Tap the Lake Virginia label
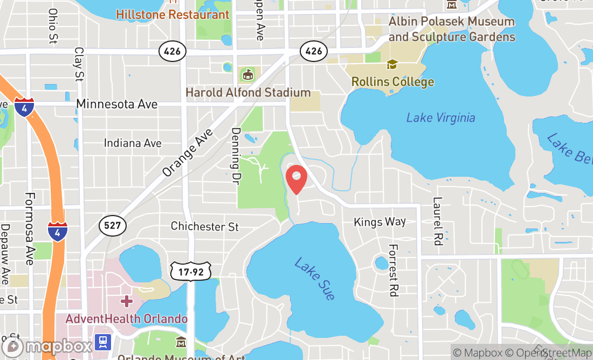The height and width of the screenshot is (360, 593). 440,117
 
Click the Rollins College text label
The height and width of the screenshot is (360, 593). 392,82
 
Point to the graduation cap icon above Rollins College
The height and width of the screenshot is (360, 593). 392,65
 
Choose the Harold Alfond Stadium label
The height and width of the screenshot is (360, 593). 248,93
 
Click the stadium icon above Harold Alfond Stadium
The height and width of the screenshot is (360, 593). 248,74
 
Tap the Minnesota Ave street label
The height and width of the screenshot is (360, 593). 117,104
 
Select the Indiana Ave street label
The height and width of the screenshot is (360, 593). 133,143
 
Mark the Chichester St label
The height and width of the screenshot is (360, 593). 204,226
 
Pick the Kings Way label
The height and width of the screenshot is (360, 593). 380,222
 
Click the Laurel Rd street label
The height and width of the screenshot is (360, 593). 437,221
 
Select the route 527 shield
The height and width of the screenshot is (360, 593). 112,225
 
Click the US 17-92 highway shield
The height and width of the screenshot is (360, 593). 187,272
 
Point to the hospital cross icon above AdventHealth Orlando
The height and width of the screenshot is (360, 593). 127,301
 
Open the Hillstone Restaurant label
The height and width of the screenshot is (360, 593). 173,14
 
